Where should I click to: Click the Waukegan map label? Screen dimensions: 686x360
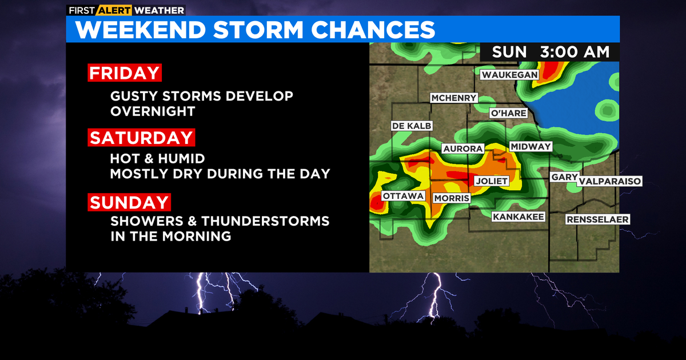509,75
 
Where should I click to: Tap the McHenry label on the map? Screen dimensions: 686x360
453,98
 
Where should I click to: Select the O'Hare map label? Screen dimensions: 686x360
508,113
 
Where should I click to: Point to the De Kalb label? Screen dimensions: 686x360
412,126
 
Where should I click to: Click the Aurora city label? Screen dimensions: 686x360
463,149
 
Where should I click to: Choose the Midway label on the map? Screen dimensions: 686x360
531,147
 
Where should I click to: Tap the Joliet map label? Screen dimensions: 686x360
492,181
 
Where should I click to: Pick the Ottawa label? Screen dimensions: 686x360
403,196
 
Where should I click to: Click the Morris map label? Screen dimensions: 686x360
452,198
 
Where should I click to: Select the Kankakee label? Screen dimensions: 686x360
519,217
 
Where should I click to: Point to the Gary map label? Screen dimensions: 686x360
564,177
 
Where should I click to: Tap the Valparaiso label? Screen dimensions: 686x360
609,181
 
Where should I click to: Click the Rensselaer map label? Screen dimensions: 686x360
597,219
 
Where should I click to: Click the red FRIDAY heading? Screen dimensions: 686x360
125,73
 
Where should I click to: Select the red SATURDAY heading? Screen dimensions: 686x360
141,138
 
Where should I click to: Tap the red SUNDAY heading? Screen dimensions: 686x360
129,202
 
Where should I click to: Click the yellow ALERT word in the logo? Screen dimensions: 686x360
114,10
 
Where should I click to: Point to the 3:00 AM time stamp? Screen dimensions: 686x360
575,52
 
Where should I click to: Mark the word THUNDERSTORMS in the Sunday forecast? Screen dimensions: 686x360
265,221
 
